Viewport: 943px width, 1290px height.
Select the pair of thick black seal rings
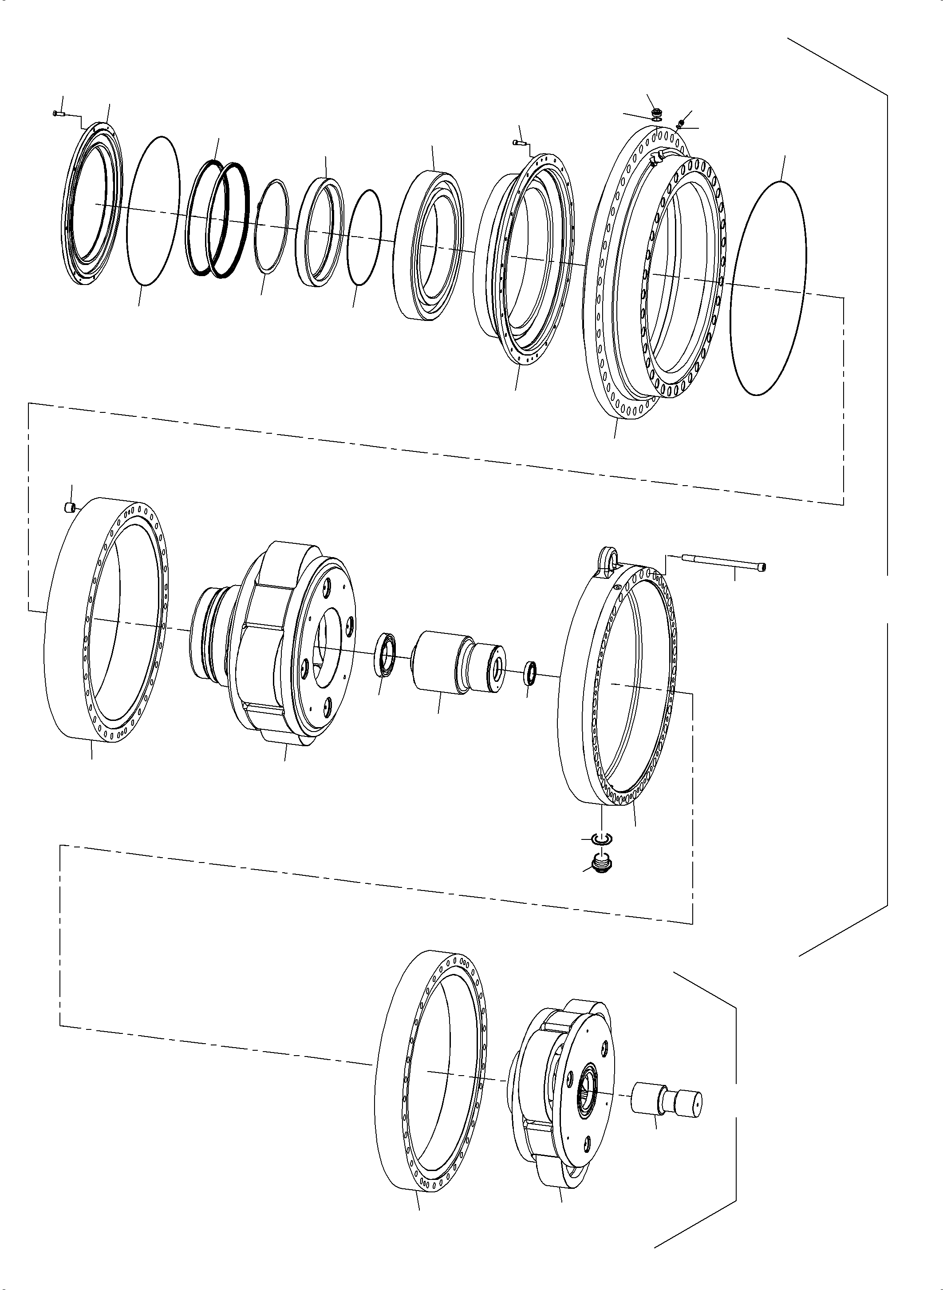click(x=219, y=219)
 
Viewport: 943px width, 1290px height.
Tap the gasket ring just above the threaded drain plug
click(x=600, y=838)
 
